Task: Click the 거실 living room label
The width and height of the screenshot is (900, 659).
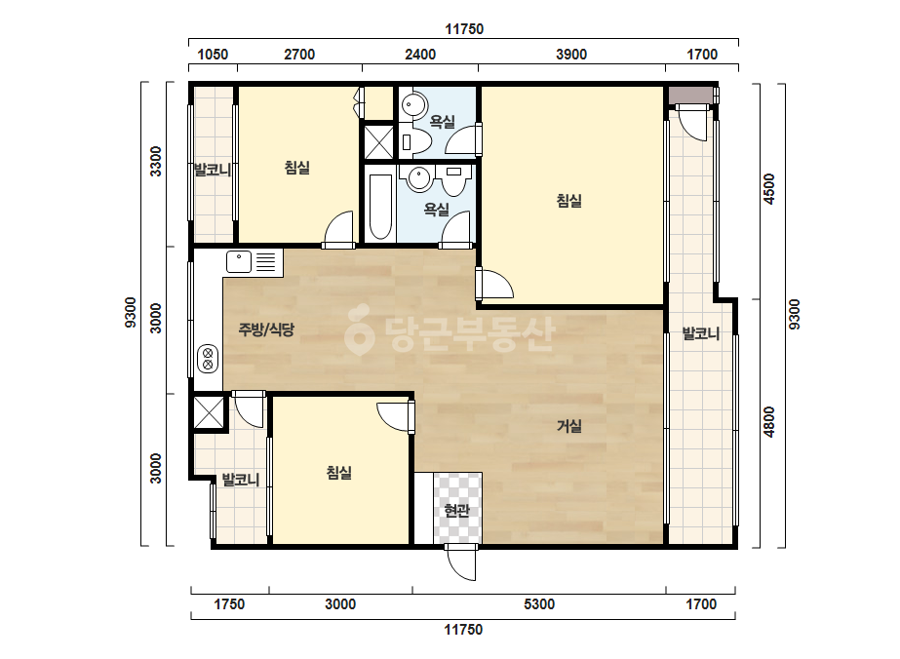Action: [x=568, y=426]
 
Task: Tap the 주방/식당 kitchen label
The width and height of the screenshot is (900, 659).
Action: [x=266, y=329]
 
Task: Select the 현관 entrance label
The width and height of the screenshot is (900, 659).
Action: [x=457, y=510]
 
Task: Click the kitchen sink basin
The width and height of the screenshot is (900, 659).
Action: [x=239, y=262]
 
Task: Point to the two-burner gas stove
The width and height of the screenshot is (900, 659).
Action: [x=208, y=358]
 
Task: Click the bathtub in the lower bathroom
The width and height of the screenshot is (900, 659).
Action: [x=380, y=207]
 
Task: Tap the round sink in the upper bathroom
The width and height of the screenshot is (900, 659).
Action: [x=413, y=105]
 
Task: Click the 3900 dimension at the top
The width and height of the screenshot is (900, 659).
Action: [x=571, y=55]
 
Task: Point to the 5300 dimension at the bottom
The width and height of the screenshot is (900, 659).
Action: [x=539, y=604]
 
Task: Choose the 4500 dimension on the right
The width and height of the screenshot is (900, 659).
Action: [x=769, y=189]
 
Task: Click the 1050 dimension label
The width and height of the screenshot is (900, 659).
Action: [x=213, y=55]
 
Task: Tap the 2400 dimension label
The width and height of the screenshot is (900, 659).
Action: [x=420, y=55]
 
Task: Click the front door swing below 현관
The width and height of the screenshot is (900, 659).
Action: [x=461, y=562]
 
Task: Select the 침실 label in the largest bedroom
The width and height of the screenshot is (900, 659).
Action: [x=568, y=201]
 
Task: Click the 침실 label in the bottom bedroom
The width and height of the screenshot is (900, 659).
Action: [x=338, y=473]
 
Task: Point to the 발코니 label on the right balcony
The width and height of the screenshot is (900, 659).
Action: [x=701, y=333]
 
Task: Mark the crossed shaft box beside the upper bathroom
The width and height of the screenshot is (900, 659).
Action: [x=379, y=141]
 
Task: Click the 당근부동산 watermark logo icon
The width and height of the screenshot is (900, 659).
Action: [x=359, y=330]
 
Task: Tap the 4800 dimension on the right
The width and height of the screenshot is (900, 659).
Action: [x=769, y=422]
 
